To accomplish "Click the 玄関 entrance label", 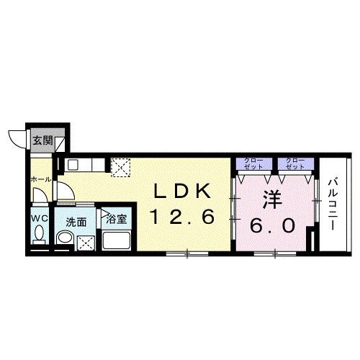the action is pos(42,140).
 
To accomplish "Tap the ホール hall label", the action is pos(41,179).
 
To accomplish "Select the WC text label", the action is pos(40,218).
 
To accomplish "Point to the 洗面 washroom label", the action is pos(76,222).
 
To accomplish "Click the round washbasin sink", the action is pos(65,238).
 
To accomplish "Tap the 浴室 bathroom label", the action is pos(117,219).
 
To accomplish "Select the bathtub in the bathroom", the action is pos(117,240).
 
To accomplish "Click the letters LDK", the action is pos(182,191).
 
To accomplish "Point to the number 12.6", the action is pos(182,217).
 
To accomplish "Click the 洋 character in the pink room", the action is pos(272,199).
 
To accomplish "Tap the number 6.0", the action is pos(272,225).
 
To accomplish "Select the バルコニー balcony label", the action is pos(333,204).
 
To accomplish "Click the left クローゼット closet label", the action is pos(253,163).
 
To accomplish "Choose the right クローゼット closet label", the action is pos(296,163).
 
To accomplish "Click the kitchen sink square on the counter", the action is pos(72,165).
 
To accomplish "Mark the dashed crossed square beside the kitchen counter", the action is pos(121,167).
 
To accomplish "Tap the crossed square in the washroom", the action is pos(86,243).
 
